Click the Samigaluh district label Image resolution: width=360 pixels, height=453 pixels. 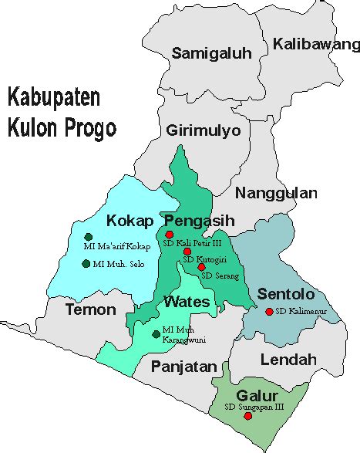[x=211, y=53]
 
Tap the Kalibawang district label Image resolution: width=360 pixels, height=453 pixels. [x=317, y=44]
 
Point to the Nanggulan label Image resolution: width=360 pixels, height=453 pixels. [x=276, y=193]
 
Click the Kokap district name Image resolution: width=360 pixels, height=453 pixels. [x=127, y=218]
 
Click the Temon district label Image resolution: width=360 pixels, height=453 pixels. [x=89, y=310]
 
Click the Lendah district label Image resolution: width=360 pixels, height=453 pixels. [x=288, y=360]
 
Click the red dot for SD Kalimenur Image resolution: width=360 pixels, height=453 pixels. [x=267, y=312]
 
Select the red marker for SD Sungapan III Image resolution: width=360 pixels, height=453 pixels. [x=247, y=416]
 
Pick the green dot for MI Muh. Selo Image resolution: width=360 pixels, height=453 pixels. [x=85, y=264]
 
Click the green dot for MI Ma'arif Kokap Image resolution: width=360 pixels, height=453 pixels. [x=89, y=237]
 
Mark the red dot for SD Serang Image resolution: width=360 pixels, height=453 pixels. [x=202, y=267]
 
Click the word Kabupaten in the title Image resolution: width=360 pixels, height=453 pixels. [x=55, y=99]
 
